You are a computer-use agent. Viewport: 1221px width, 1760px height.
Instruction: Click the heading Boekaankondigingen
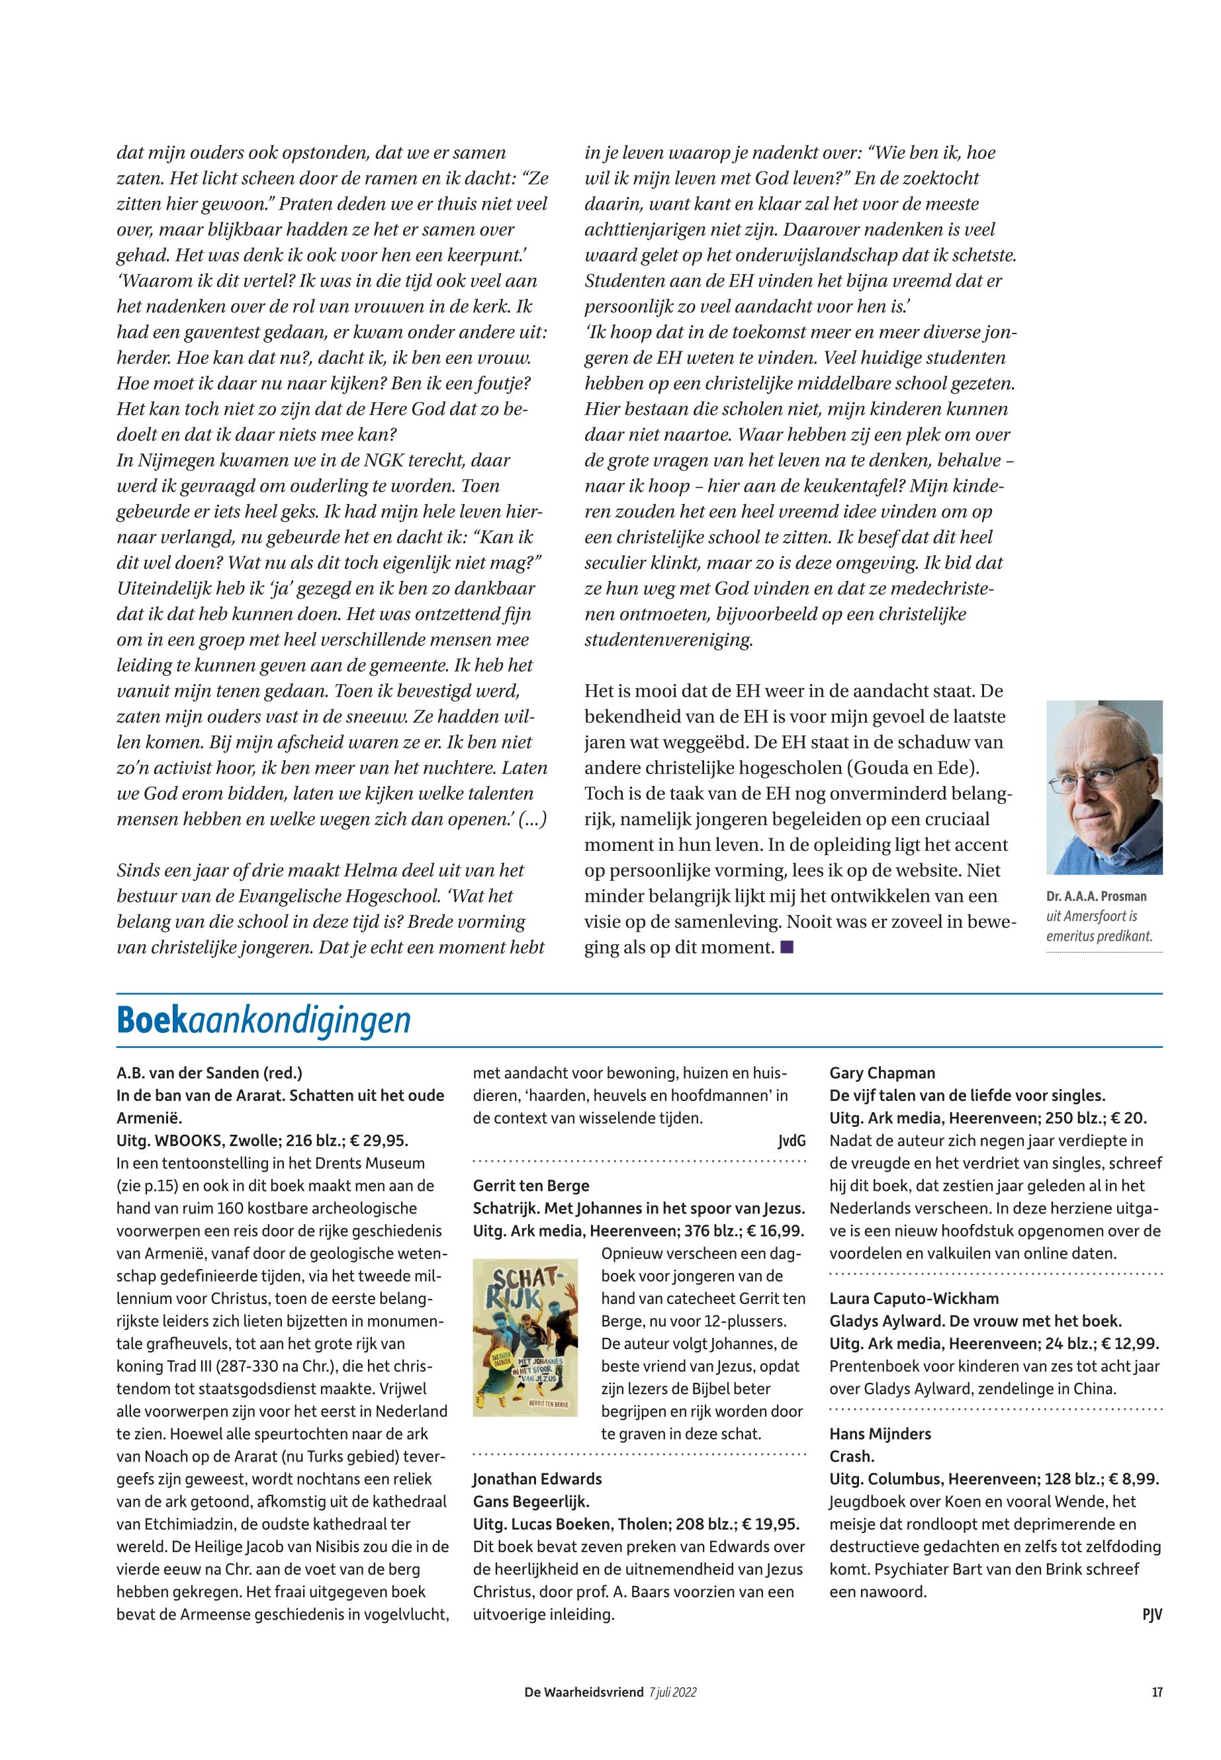264,1020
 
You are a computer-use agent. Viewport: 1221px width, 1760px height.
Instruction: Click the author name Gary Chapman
882,1073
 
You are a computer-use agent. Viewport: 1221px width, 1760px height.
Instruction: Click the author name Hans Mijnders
880,1433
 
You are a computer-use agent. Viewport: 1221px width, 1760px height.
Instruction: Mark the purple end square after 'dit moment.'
788,947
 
